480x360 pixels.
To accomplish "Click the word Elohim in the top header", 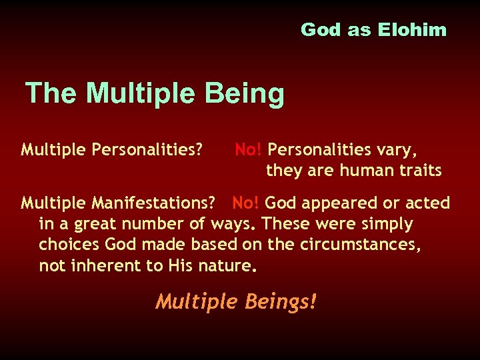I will [x=412, y=30].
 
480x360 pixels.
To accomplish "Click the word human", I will [x=367, y=171].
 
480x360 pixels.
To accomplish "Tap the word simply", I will [x=387, y=224].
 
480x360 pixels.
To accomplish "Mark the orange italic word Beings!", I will [x=281, y=302].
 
